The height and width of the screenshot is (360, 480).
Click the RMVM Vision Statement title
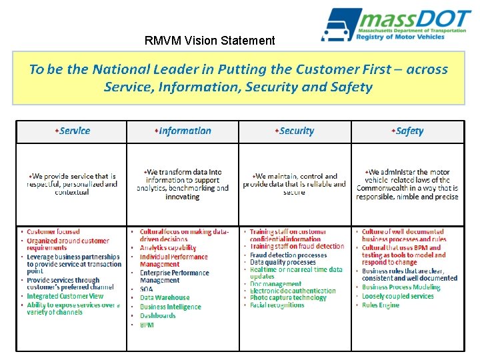click(x=209, y=41)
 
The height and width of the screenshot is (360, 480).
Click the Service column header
click(x=73, y=131)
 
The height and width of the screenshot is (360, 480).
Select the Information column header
click(x=184, y=131)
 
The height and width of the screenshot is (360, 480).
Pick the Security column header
click(x=295, y=131)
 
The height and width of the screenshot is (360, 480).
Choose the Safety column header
click(x=408, y=131)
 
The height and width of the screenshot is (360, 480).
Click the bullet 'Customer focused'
click(x=53, y=232)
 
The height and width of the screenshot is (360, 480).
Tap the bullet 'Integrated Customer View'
click(x=65, y=296)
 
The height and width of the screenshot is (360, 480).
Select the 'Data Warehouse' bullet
click(x=165, y=298)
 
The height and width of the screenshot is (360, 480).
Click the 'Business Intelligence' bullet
click(x=170, y=307)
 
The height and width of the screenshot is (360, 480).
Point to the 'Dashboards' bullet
click(x=158, y=316)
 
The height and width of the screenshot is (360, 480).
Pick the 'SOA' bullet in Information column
click(x=147, y=289)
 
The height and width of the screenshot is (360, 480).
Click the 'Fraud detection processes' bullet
click(x=288, y=255)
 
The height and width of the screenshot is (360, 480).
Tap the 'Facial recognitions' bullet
click(x=277, y=305)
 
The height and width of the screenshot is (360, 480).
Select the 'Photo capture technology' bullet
click(x=288, y=298)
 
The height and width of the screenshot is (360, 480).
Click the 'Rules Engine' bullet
click(x=381, y=305)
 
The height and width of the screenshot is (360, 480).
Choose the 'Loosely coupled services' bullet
click(x=398, y=297)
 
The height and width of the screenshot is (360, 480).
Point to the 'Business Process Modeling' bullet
click(x=401, y=288)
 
